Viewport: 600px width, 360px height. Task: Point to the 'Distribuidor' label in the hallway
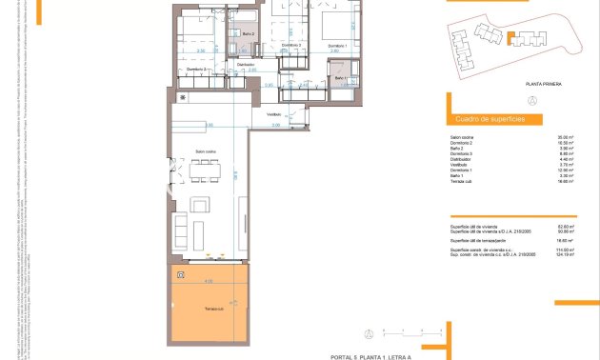pos(246,65)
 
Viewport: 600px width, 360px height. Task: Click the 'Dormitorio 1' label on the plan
pos(337,46)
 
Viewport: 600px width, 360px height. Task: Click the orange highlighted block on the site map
pos(511,38)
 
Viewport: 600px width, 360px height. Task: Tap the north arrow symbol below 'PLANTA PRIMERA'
pos(532,100)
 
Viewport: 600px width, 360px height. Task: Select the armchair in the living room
pos(201,205)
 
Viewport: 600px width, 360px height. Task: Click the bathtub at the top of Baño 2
pos(246,18)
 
